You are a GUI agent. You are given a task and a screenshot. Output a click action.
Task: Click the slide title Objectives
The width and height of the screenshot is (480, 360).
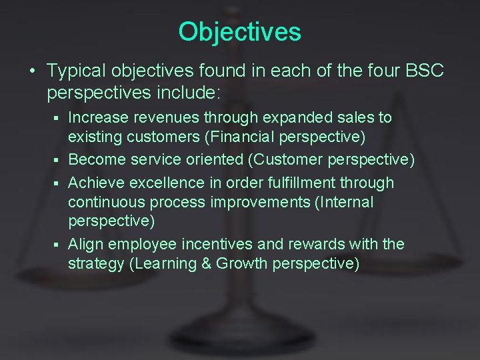[x=240, y=31]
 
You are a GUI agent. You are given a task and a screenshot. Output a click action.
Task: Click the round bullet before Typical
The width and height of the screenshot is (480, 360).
[x=32, y=71]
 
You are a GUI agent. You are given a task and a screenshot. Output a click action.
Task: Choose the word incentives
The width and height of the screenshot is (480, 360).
[x=220, y=244]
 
